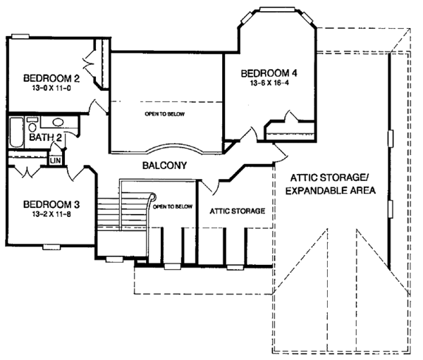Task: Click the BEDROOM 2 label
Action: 51,78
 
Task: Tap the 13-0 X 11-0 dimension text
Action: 51,89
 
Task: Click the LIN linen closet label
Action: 55,160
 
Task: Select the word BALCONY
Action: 163,167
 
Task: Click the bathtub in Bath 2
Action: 18,132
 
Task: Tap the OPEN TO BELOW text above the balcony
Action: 164,113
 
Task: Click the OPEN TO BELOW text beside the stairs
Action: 172,206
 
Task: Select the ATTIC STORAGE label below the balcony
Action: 238,211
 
